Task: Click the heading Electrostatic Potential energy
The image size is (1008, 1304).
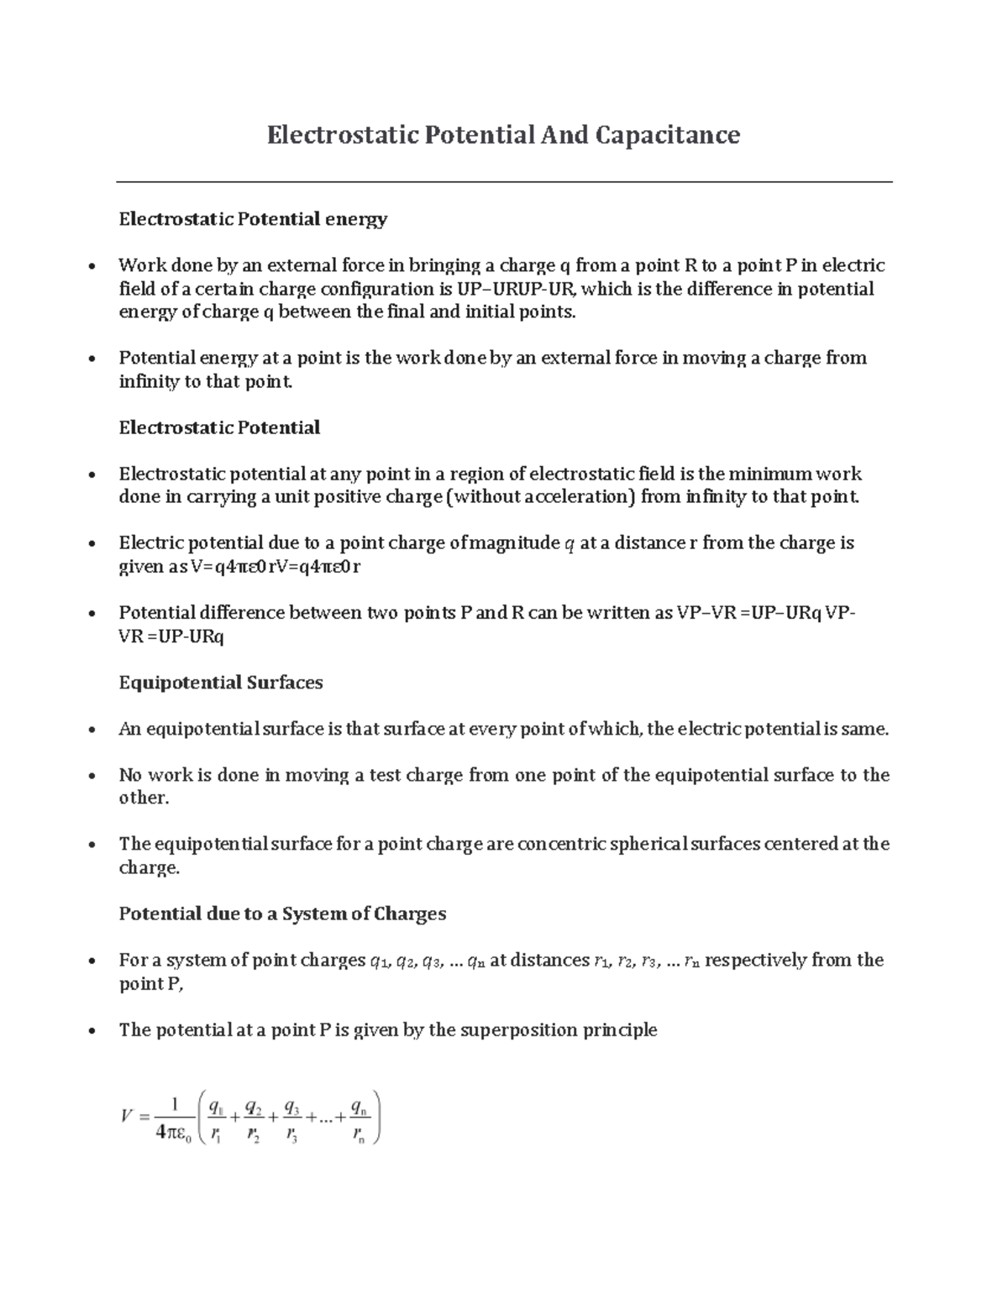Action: [x=253, y=219]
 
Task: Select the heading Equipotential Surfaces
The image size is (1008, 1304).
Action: [x=221, y=683]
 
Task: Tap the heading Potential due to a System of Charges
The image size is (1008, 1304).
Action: [x=282, y=914]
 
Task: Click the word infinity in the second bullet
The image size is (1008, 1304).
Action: [x=149, y=382]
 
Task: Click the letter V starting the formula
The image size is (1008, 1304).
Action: [x=128, y=1117]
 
